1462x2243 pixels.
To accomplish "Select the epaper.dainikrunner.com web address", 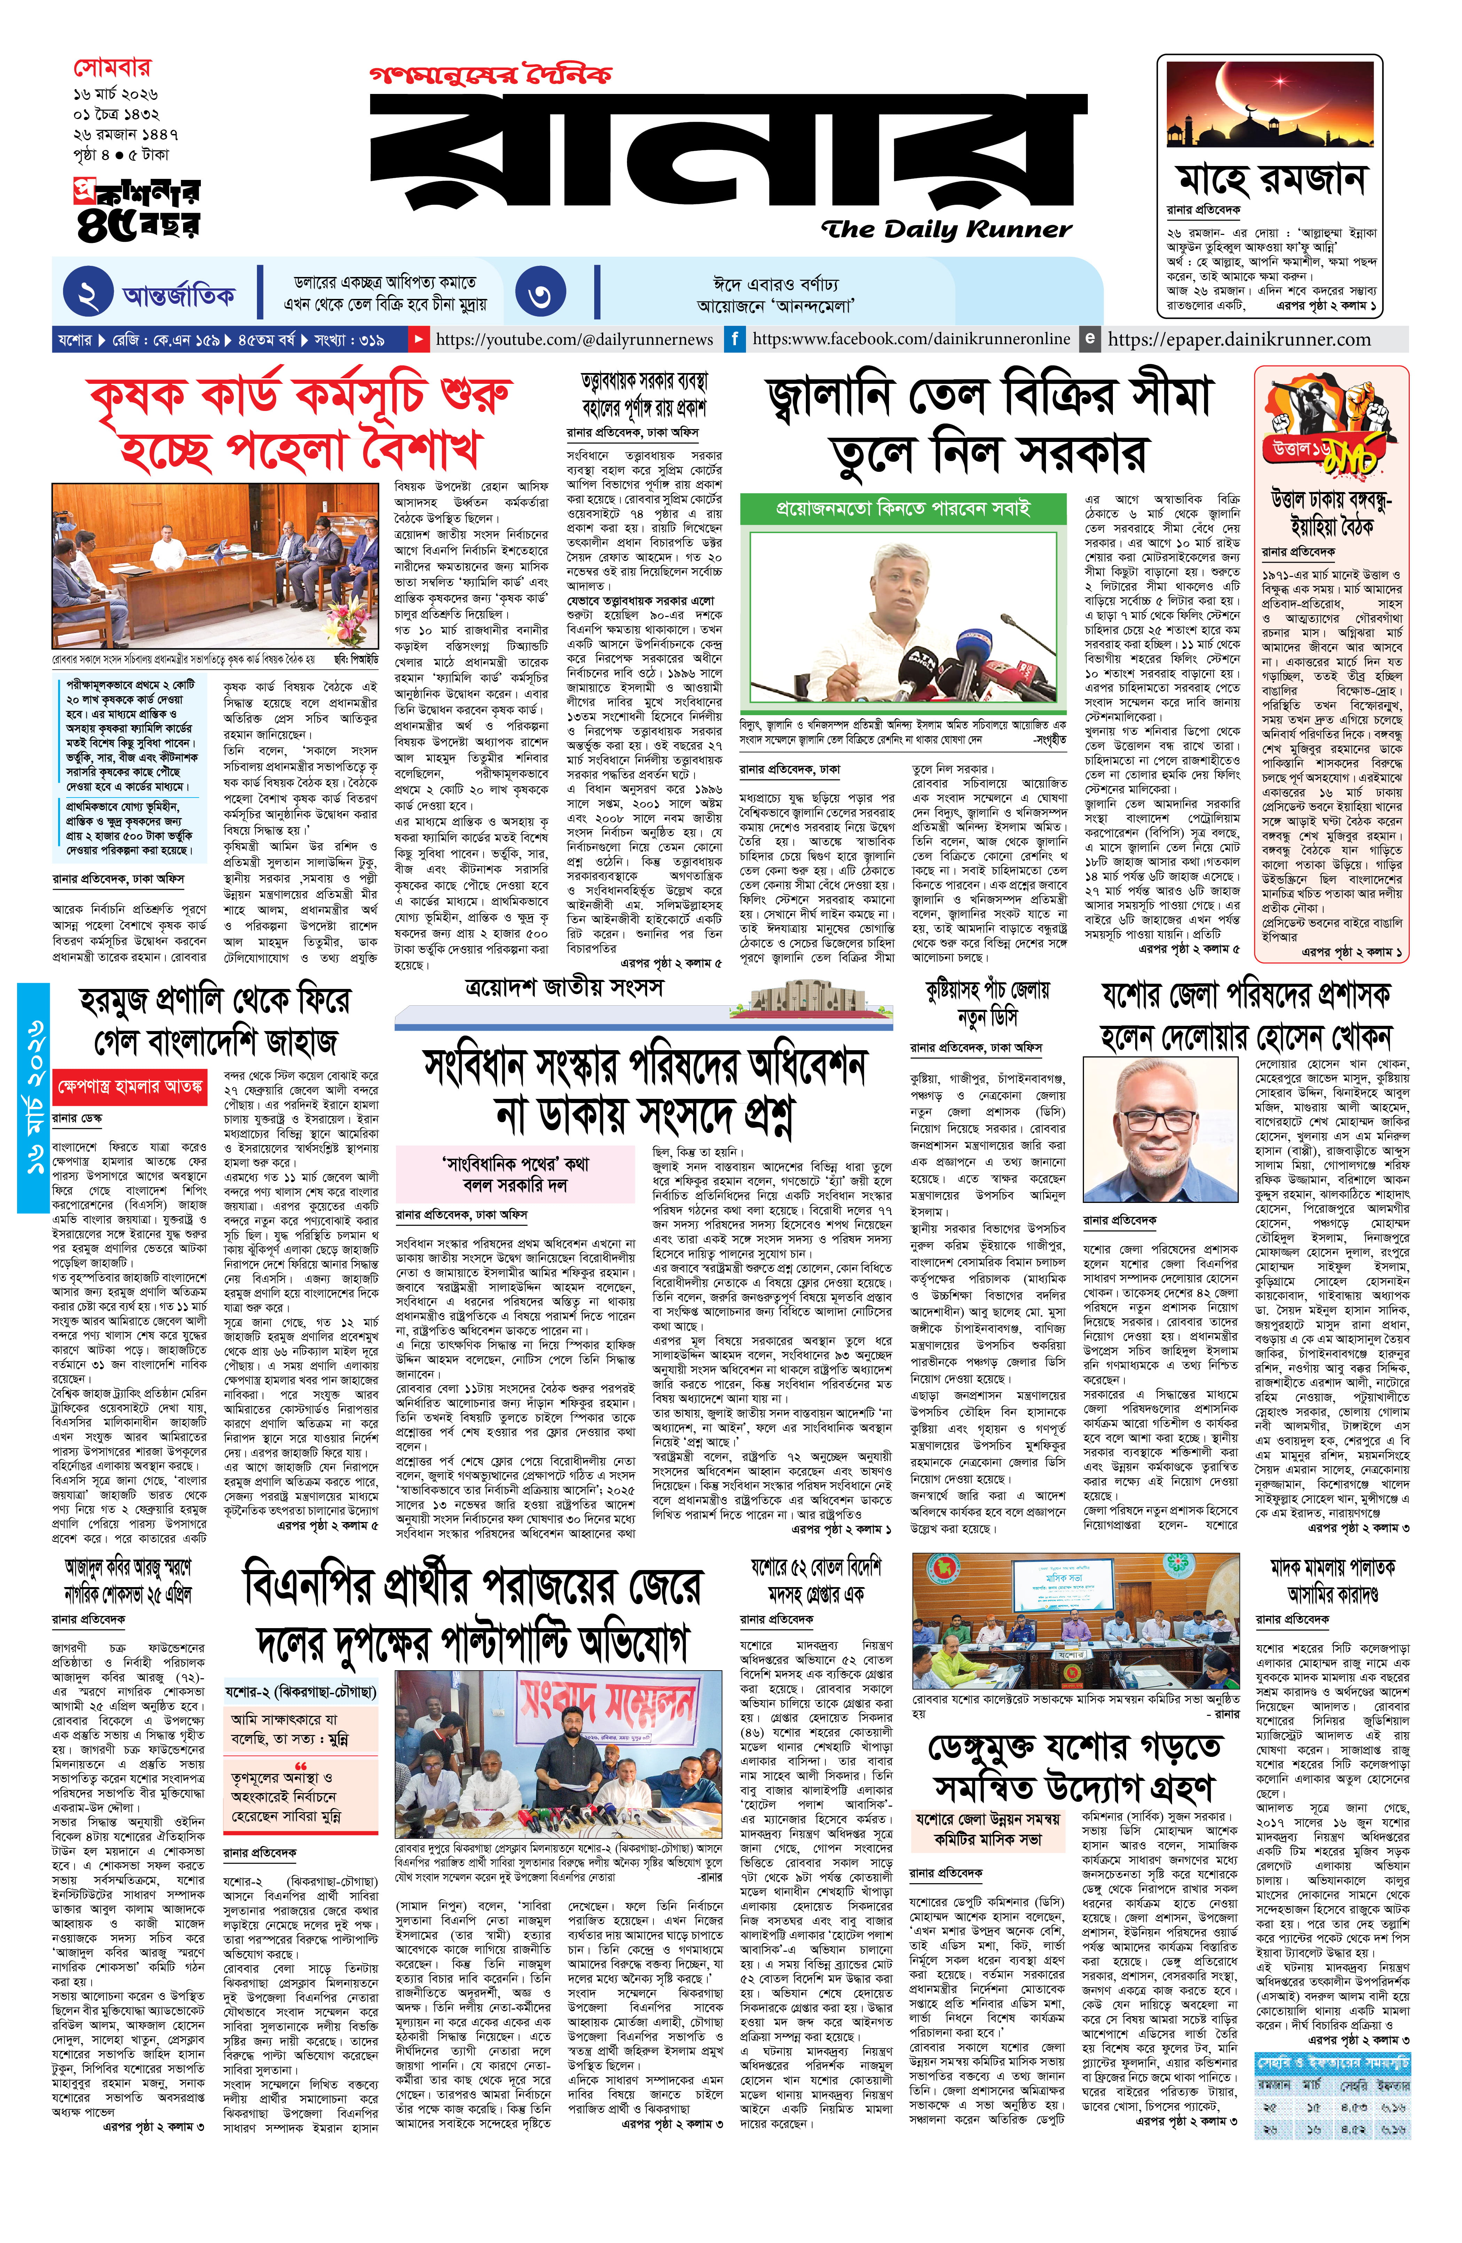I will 1239,339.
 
